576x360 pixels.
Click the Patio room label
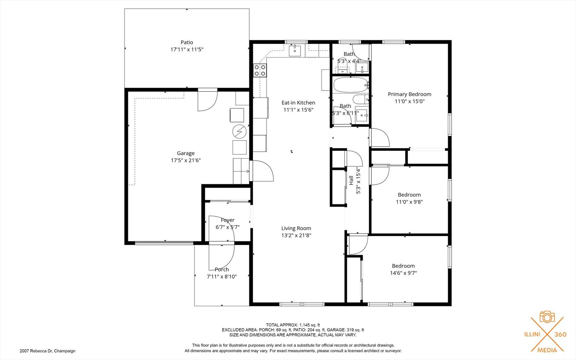click(187, 42)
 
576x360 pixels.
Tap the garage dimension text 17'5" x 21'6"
click(186, 160)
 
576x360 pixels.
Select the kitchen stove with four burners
click(260, 70)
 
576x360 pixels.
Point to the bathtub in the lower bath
click(351, 85)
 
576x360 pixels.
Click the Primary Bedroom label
click(409, 94)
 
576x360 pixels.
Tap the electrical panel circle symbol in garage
click(239, 132)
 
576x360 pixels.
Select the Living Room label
click(296, 228)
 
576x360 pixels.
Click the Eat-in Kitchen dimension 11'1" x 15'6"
click(298, 110)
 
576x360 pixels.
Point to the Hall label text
click(351, 181)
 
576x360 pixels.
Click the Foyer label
click(228, 220)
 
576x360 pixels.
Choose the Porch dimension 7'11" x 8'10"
click(222, 277)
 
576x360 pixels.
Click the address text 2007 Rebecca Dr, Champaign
click(47, 351)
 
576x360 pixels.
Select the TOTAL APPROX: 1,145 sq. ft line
click(293, 325)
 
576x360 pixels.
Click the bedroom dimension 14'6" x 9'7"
click(403, 273)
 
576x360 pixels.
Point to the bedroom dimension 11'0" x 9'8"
click(409, 202)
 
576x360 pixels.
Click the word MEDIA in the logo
click(547, 350)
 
